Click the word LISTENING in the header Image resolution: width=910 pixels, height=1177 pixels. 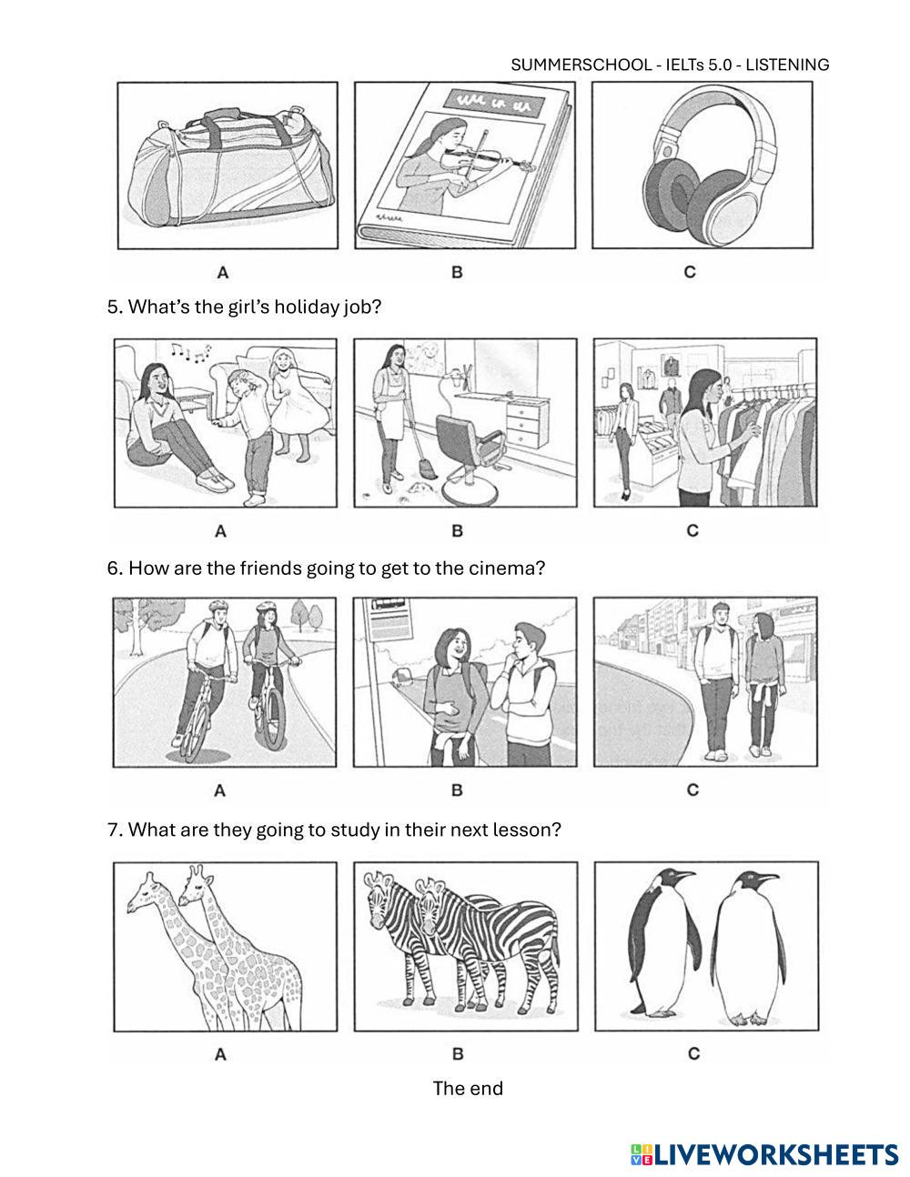[x=787, y=65]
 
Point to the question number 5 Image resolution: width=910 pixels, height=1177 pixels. [x=115, y=307]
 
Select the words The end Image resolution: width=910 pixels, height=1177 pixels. [x=468, y=1088]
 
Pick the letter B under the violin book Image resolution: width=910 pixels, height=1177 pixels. [x=457, y=271]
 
